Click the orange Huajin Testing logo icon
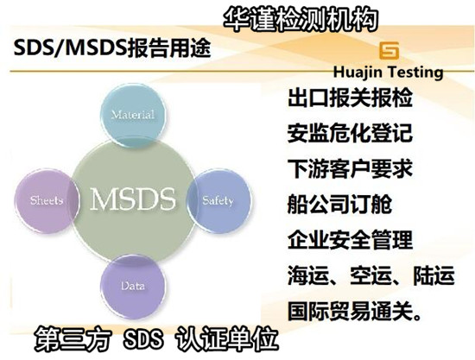coord(390,48)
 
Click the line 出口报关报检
coord(350,98)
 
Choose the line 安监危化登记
coord(350,134)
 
